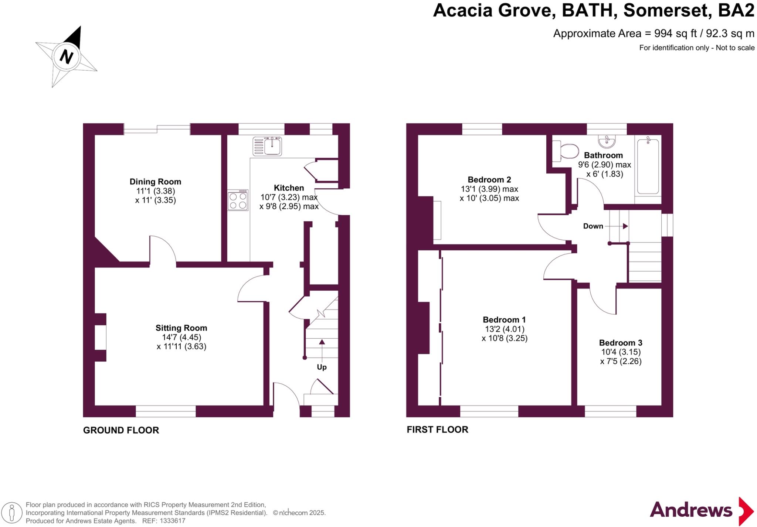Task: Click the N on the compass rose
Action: [x=67, y=57]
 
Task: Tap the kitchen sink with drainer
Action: [x=267, y=146]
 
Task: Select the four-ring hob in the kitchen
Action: [x=238, y=200]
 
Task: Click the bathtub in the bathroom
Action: [x=648, y=166]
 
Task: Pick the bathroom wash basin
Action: [x=607, y=141]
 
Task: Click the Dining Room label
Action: [x=155, y=182]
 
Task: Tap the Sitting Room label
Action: [x=181, y=328]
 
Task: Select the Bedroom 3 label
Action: [x=621, y=343]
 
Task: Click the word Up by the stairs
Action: [x=322, y=367]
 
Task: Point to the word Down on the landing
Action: [x=593, y=226]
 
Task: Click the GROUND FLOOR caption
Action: [x=121, y=430]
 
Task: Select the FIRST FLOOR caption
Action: [x=437, y=430]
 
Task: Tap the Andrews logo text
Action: [x=691, y=510]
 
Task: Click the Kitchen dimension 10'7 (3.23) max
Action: [x=289, y=197]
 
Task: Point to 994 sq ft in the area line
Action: [x=675, y=34]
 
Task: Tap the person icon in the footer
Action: [x=12, y=513]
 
